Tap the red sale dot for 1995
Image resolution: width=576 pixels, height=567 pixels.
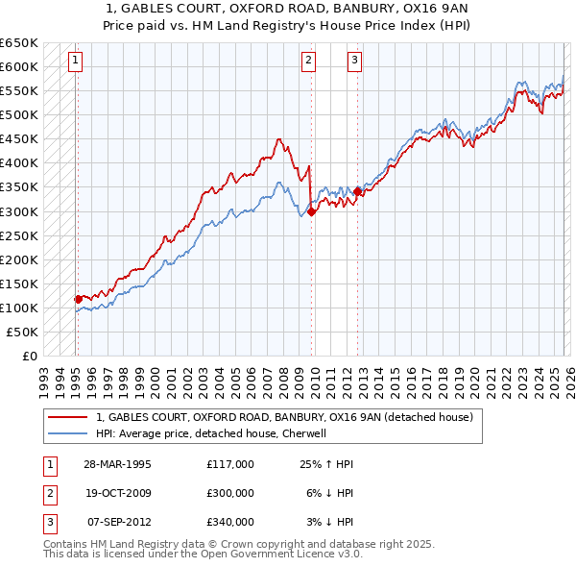pos(78,299)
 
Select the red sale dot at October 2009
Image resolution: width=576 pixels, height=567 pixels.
pos(312,210)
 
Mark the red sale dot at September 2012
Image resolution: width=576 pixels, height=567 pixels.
pos(358,191)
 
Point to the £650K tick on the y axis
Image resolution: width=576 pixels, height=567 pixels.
pos(19,43)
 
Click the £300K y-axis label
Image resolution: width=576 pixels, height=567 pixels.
pos(19,211)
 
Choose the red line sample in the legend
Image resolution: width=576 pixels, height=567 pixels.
pos(67,418)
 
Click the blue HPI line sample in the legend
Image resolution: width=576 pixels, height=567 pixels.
pos(67,433)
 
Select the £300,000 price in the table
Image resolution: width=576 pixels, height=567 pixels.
pos(229,493)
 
